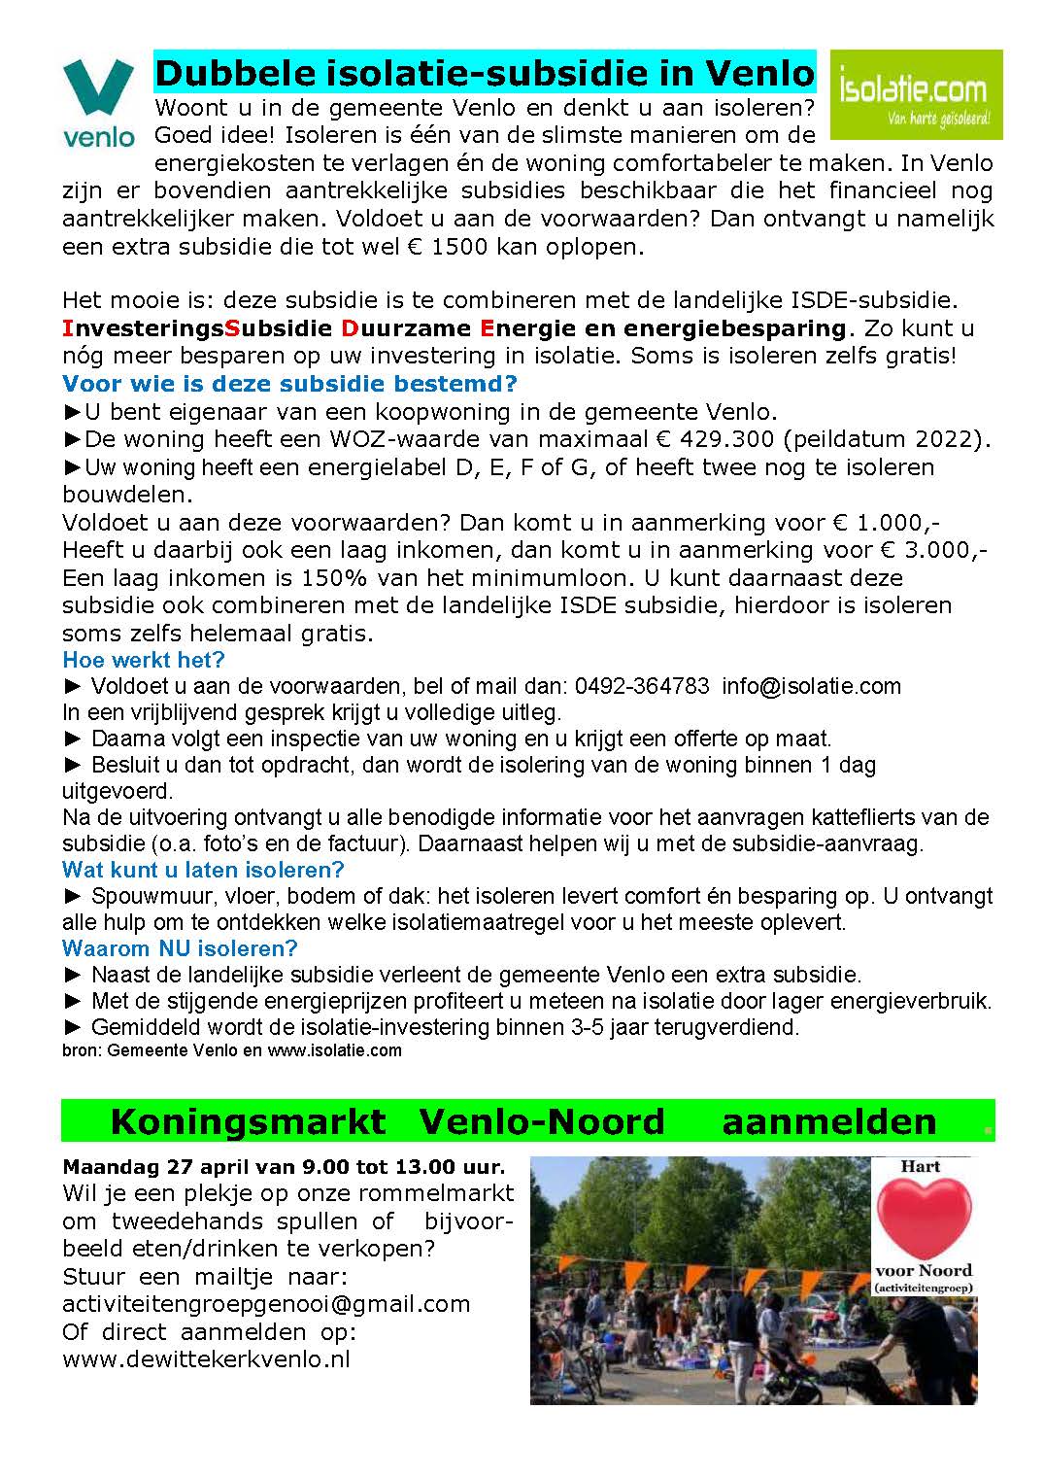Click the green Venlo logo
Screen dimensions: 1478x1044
[98, 101]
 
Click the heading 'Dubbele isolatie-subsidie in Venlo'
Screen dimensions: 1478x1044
[485, 74]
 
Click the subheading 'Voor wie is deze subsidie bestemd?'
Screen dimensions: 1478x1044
[289, 383]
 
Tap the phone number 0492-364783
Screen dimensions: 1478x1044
[642, 686]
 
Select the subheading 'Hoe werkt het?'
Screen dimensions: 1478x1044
[144, 661]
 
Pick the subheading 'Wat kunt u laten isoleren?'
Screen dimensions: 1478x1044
[203, 870]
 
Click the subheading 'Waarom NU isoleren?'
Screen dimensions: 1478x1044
[180, 948]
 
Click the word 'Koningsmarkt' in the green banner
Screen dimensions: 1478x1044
[248, 1122]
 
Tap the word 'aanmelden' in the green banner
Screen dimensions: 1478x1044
[829, 1122]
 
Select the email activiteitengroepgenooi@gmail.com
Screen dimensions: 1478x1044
[266, 1303]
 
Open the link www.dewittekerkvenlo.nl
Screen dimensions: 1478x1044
[206, 1358]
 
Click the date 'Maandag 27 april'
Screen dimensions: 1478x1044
[146, 1166]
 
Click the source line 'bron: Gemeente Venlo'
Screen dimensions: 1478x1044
[160, 1050]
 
